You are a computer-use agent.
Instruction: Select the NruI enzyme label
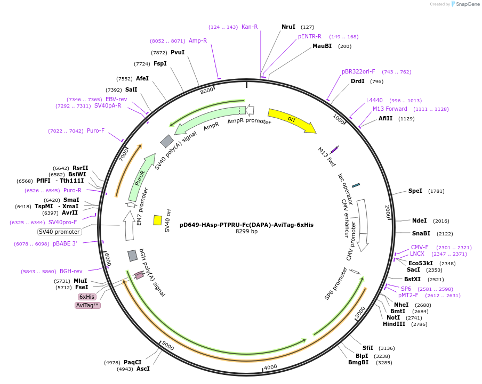pos(288,27)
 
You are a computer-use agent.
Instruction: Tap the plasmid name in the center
pos(246,225)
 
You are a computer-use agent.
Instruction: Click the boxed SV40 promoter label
pos(59,232)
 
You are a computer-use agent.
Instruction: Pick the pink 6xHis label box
pos(87,297)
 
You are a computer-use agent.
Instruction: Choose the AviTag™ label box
pos(88,305)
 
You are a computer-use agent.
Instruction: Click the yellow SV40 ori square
pos(158,220)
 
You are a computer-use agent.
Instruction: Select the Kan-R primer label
pos(250,27)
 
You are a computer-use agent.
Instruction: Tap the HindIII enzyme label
pos(394,324)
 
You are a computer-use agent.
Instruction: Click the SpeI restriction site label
pos(415,191)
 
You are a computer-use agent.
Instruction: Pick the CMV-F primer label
pos(420,247)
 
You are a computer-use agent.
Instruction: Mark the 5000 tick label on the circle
pos(168,347)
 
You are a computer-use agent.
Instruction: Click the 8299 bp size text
pos(246,232)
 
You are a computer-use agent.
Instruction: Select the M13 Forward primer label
pos(390,109)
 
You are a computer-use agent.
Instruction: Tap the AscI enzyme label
pos(143,369)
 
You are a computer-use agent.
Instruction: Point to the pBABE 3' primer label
pos(65,243)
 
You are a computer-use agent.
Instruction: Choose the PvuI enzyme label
pos(178,52)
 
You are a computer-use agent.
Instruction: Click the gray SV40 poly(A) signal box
pos(167,141)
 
